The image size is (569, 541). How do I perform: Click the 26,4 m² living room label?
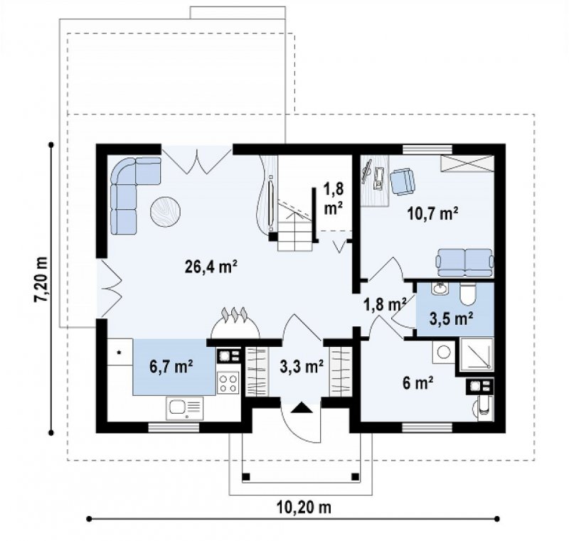(x=211, y=267)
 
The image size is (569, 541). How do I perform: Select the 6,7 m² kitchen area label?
(x=171, y=367)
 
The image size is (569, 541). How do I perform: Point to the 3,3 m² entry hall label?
(x=302, y=367)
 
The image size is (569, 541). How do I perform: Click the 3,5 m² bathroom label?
(x=451, y=318)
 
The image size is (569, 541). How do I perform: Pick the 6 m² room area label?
(x=418, y=383)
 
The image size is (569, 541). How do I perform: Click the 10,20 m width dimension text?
(x=304, y=507)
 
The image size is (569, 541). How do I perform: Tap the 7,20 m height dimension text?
(x=41, y=279)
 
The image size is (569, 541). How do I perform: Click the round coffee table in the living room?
(x=166, y=211)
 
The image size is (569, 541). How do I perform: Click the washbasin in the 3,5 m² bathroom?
(x=440, y=289)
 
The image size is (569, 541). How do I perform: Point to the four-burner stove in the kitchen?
(x=228, y=383)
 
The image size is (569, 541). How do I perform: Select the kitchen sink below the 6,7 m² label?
(x=184, y=408)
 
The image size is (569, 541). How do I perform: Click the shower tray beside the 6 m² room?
(x=477, y=354)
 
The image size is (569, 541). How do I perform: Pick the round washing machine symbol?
(x=443, y=352)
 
